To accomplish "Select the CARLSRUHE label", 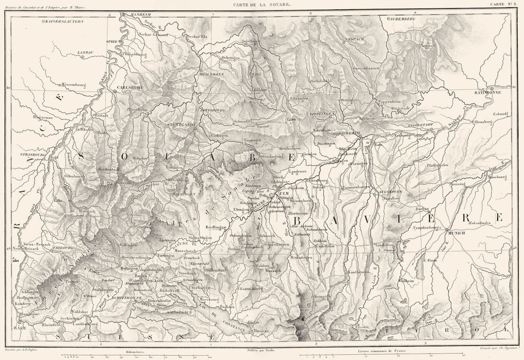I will pos(129,87).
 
